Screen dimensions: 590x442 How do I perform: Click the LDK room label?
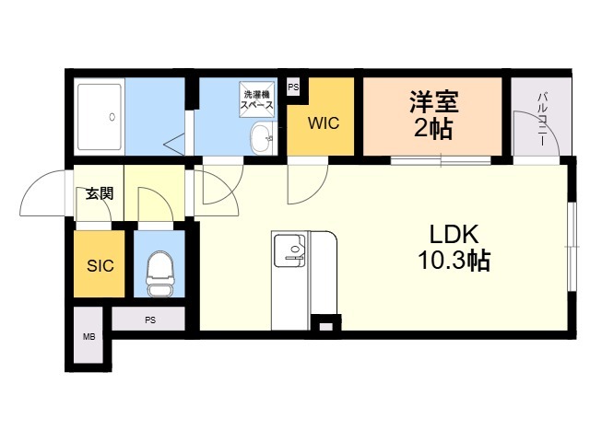click(454, 234)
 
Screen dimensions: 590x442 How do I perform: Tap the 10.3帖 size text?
click(454, 260)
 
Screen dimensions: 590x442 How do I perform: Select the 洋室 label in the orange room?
click(434, 101)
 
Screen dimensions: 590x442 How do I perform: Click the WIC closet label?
click(324, 122)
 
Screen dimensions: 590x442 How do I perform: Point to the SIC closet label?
click(100, 266)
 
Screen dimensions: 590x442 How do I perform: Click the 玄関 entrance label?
click(100, 193)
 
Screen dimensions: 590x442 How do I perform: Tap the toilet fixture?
click(159, 273)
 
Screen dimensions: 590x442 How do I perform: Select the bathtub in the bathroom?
click(100, 117)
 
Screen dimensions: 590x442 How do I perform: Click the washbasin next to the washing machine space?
click(262, 138)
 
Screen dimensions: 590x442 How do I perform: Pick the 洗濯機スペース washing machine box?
click(257, 99)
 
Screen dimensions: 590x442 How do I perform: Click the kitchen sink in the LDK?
click(289, 250)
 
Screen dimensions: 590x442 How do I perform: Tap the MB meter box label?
click(88, 337)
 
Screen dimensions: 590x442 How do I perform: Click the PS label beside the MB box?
click(150, 320)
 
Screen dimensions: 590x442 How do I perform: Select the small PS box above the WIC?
click(293, 87)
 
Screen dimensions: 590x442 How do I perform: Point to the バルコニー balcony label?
click(542, 119)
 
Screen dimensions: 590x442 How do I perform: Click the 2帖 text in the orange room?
click(433, 129)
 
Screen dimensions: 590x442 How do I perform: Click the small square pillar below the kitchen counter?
click(326, 327)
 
